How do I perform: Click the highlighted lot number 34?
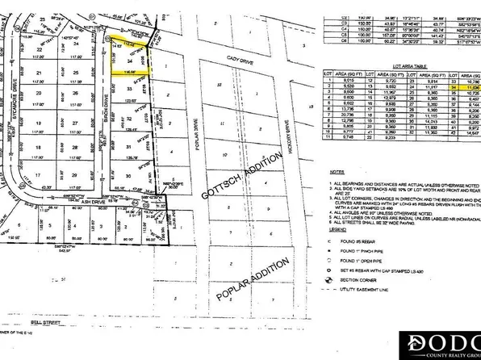click(131, 61)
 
